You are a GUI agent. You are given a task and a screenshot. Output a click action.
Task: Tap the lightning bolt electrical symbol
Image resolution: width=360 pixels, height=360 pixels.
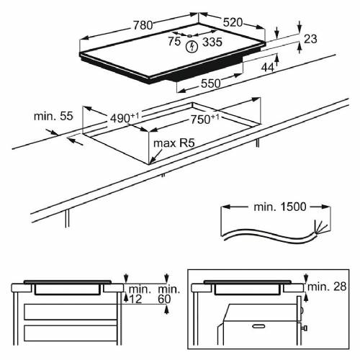191,48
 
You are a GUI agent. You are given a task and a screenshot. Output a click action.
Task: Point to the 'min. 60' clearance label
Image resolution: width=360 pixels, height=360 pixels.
167,293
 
